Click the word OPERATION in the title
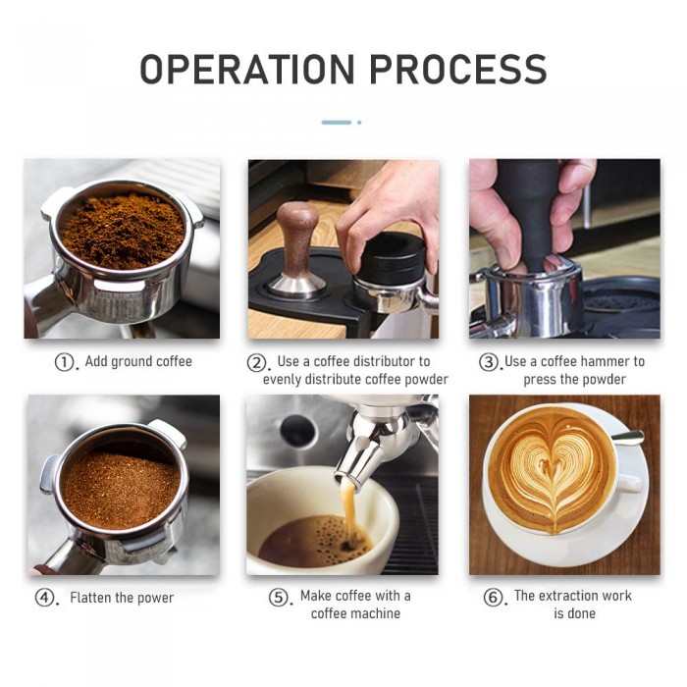coord(246,70)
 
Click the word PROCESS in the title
coord(458,70)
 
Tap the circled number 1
coord(64,362)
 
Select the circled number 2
coord(256,363)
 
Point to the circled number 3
coord(489,362)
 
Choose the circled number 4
coord(44,598)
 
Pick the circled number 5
coord(278,597)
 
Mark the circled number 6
coord(493,597)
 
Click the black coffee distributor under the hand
coord(393,258)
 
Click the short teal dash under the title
coord(337,123)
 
